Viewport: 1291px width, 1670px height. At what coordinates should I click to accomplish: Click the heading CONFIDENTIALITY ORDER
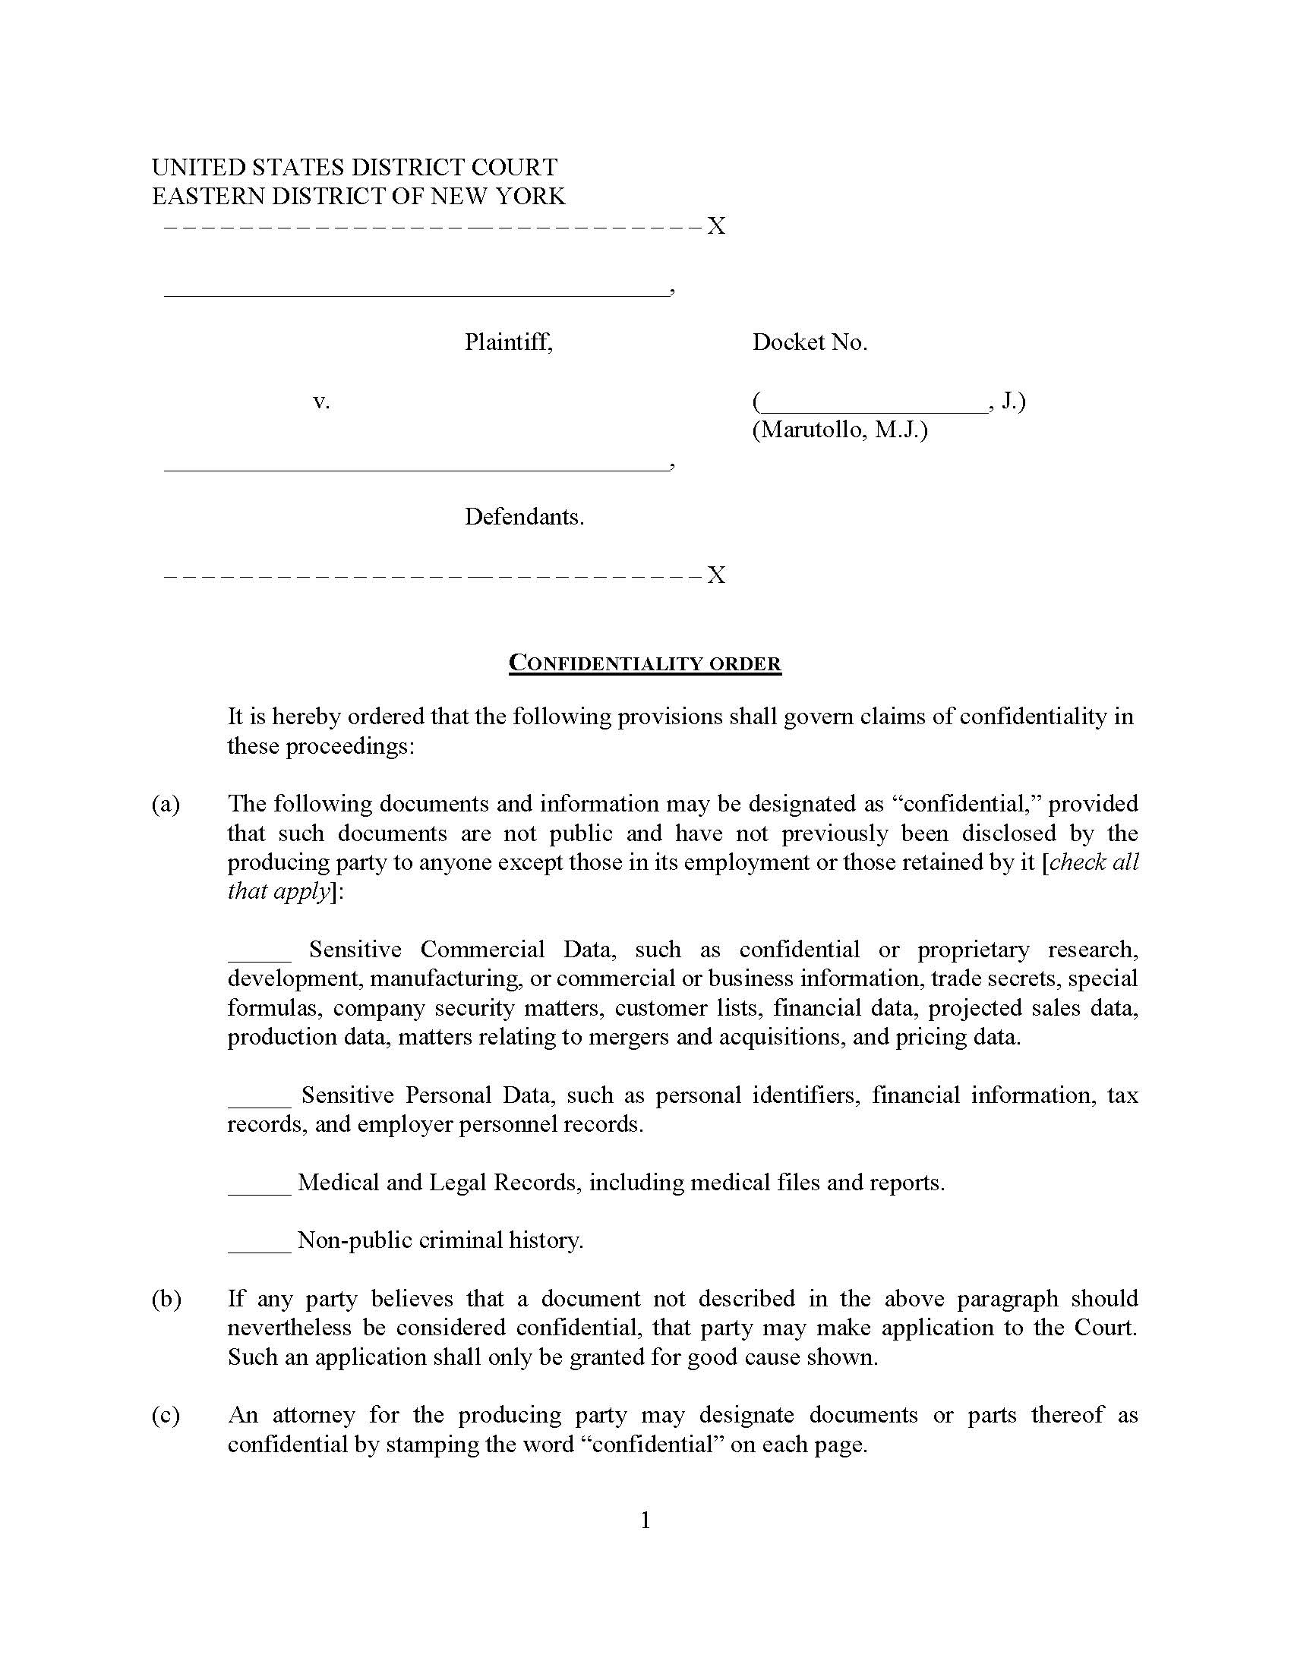click(645, 663)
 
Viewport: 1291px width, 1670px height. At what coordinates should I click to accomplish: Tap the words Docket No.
click(810, 342)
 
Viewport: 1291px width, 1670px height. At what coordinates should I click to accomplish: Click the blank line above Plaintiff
click(415, 294)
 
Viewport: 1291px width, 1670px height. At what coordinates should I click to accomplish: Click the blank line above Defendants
click(415, 468)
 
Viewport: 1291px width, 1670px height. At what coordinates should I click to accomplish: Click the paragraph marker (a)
click(166, 804)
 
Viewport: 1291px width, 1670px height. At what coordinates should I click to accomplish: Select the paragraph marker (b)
click(166, 1298)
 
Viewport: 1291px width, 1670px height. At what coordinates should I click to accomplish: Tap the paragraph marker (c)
click(166, 1415)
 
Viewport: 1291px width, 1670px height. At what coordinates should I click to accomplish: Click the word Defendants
click(524, 517)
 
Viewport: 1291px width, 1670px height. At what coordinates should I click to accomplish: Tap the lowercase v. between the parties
click(321, 401)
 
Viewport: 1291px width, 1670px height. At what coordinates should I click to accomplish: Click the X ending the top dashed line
click(715, 226)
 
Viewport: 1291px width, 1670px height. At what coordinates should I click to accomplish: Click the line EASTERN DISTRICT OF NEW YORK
click(358, 197)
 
